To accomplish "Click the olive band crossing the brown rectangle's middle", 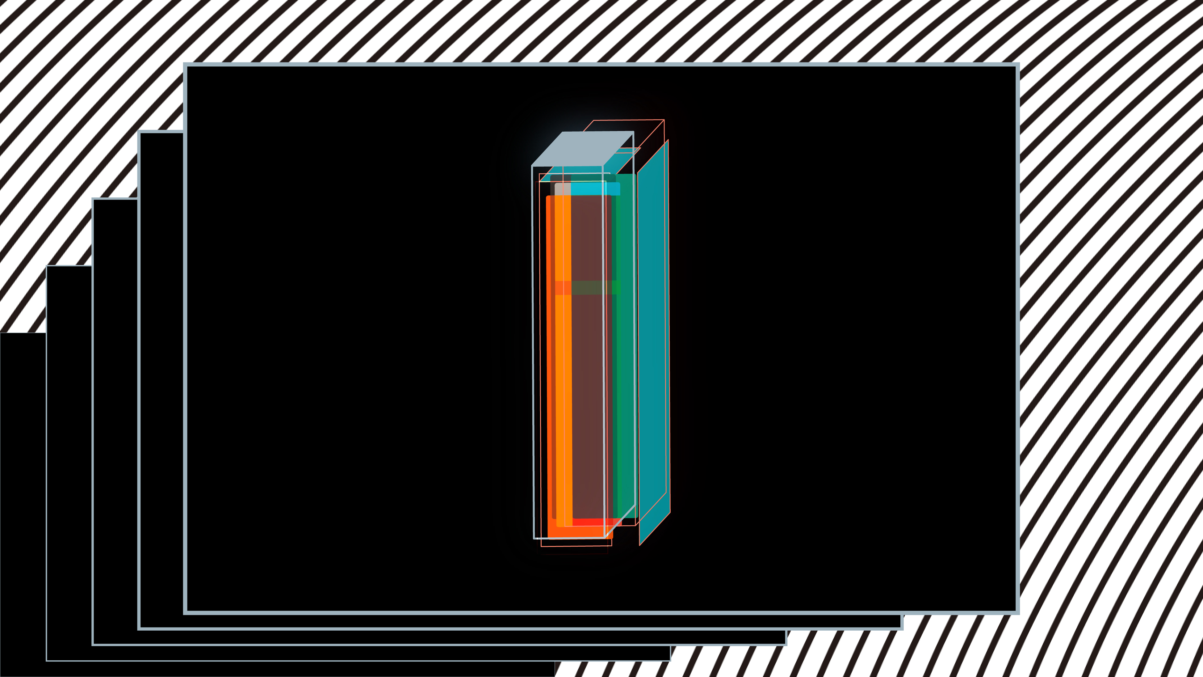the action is point(591,287).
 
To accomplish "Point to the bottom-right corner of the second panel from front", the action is point(902,629).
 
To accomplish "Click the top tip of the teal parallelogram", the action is point(668,140).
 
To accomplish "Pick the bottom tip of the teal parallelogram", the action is point(640,545).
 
